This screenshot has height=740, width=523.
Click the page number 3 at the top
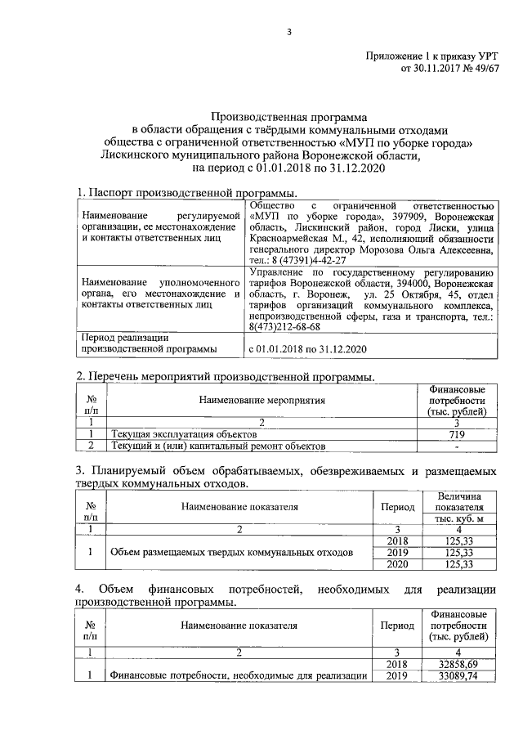tap(288, 32)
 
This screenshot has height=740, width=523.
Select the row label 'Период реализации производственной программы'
tap(146, 343)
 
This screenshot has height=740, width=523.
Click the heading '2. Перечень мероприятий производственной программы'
tap(225, 377)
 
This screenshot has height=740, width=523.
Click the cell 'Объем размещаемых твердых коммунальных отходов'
tap(232, 553)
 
